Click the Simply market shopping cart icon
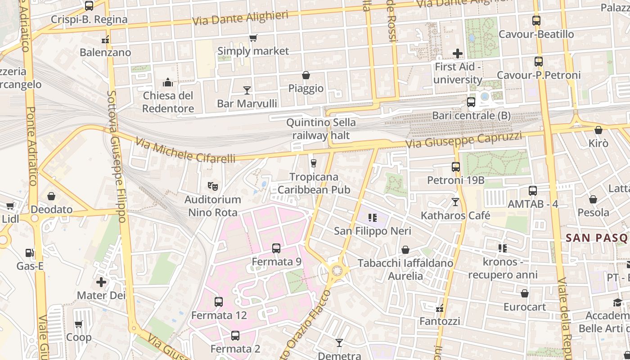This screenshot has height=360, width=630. coord(253,38)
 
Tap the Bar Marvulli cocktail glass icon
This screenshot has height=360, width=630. coord(247,90)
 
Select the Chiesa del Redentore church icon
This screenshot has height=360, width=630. coord(168,82)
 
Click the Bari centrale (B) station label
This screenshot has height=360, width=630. coord(471,116)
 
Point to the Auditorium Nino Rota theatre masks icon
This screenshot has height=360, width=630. coord(212,185)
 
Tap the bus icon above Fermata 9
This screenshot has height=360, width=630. coord(276,248)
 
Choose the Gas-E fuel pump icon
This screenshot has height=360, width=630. coord(30,253)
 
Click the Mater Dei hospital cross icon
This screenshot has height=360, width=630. coord(101,282)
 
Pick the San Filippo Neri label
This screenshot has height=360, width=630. coord(372,231)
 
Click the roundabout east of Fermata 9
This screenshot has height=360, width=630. coord(336,270)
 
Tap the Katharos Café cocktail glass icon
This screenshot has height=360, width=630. coord(455,202)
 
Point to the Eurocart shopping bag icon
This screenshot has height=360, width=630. coord(524,294)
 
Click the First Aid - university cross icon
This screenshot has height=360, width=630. coord(458,54)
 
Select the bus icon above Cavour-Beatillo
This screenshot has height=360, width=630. coord(536,21)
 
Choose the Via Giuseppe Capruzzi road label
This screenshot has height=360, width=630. coord(463,140)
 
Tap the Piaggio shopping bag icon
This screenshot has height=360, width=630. coord(306,75)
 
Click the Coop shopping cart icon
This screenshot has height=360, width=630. coord(79,324)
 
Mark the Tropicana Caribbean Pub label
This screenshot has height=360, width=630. coord(314,183)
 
